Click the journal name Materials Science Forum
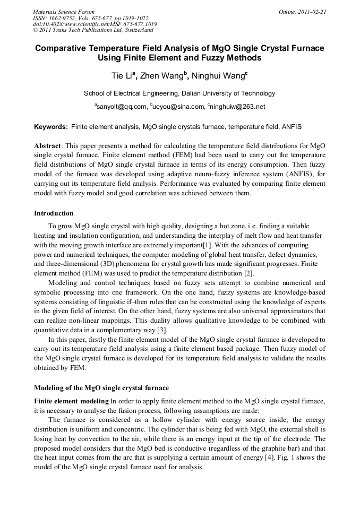click(x=64, y=11)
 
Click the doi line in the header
click(x=95, y=24)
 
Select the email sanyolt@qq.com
click(x=121, y=107)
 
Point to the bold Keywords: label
click(x=51, y=127)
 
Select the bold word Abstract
click(x=47, y=145)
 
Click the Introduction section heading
click(x=54, y=213)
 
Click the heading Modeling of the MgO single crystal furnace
click(x=101, y=387)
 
